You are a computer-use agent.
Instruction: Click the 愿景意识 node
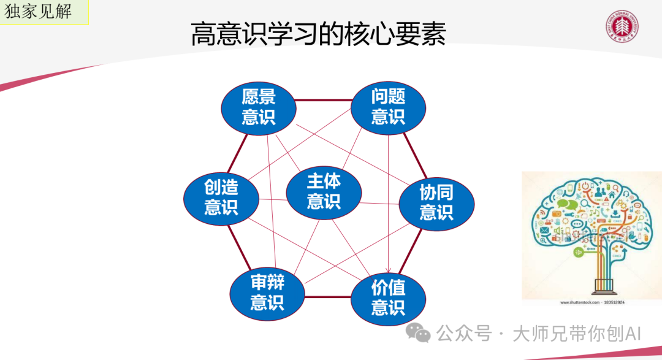coord(258,107)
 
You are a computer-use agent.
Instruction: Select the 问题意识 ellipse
coord(388,107)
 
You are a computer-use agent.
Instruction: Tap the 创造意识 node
coord(221,197)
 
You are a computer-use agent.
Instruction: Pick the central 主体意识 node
coord(323,191)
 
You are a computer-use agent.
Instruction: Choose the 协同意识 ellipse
coord(436,202)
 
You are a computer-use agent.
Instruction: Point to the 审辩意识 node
coord(267,293)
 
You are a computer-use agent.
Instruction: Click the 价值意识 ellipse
coord(388,297)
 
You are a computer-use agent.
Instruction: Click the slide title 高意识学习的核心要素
coord(318,34)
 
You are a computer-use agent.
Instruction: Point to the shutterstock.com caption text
coord(592,302)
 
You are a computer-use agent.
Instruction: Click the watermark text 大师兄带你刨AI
coord(576,334)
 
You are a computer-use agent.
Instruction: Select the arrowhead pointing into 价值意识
coord(388,269)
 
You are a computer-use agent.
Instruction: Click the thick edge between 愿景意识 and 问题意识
coord(323,100)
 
